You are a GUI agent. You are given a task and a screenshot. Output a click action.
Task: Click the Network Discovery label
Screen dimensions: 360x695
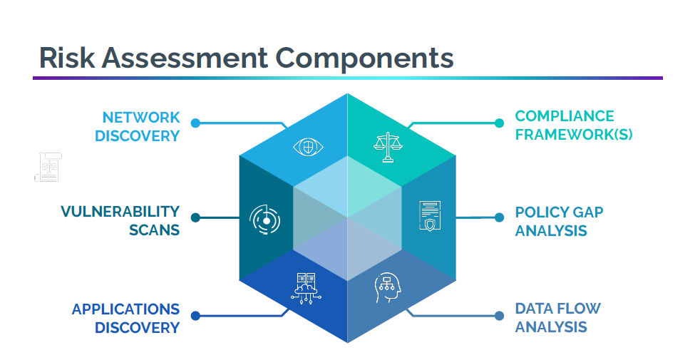click(140, 126)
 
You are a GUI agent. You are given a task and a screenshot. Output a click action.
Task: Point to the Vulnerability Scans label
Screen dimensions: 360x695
click(120, 221)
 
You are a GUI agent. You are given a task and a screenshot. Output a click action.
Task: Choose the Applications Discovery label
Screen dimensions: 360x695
click(125, 319)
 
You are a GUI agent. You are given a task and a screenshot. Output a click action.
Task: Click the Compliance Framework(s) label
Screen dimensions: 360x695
click(574, 125)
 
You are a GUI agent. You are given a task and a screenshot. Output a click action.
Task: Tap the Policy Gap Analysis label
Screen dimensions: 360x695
click(559, 221)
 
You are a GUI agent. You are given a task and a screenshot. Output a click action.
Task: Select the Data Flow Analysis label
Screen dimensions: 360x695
click(557, 318)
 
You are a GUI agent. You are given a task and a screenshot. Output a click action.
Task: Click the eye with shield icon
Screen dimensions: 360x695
click(308, 147)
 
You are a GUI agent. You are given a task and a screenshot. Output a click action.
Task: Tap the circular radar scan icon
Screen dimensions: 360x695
click(265, 220)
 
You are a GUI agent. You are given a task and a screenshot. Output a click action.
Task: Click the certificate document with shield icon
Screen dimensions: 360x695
click(429, 216)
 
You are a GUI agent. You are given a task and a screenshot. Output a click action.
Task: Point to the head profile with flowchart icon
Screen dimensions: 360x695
click(387, 289)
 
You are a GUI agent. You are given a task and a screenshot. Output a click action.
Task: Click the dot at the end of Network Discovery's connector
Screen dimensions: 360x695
click(195, 123)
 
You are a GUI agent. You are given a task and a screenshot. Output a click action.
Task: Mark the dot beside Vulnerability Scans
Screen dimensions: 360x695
click(195, 217)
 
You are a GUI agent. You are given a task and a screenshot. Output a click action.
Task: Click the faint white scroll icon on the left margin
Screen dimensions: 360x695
click(48, 167)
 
